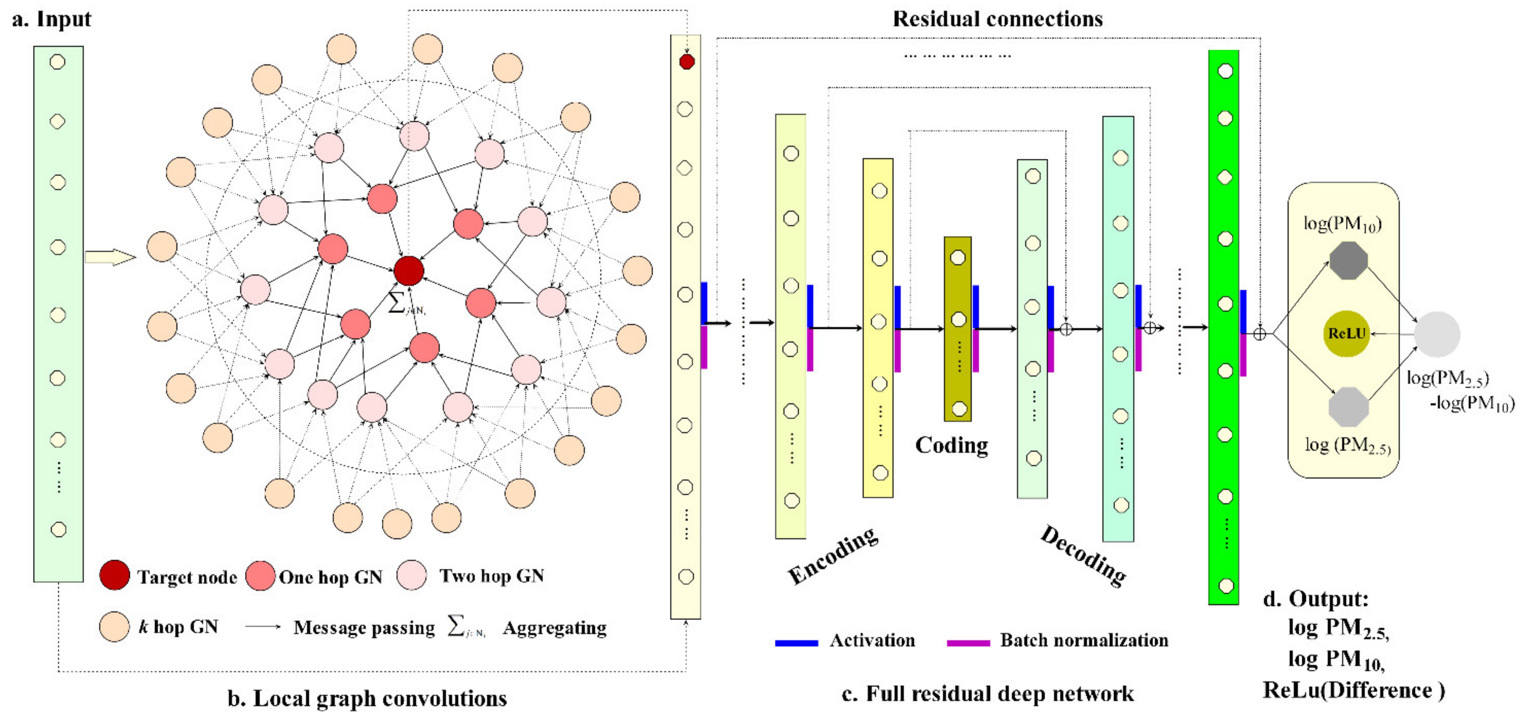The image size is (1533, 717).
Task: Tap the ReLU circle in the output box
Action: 1346,333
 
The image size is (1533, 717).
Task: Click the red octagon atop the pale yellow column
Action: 687,61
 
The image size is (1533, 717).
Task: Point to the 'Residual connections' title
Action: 998,19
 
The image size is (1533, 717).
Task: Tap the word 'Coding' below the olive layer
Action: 951,445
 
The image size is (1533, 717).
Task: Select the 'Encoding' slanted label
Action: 832,555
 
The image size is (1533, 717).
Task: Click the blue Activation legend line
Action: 796,643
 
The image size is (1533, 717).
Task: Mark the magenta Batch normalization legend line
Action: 968,643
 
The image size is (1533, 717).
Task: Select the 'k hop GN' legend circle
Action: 114,626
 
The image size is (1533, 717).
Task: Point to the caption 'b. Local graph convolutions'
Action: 367,698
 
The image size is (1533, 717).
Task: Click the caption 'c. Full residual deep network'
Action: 988,694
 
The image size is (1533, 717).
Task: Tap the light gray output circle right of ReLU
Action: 1436,334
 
